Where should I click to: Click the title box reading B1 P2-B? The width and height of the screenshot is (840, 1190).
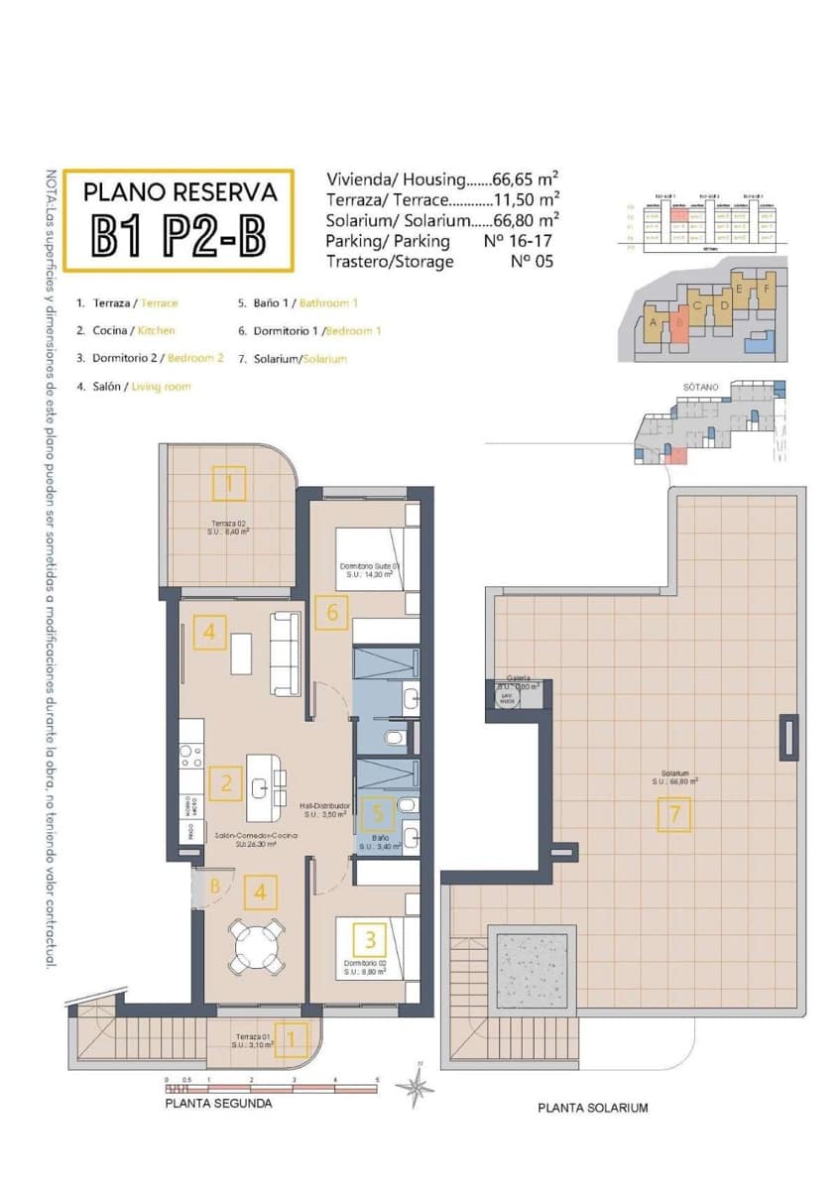click(180, 220)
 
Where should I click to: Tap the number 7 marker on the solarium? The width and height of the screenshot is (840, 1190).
click(674, 815)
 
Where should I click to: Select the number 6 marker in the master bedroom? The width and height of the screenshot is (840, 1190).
click(331, 613)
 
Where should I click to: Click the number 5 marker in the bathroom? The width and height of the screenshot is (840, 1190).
click(374, 814)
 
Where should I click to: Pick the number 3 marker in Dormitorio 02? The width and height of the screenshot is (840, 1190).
click(370, 938)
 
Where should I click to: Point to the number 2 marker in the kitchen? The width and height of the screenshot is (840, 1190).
click(226, 784)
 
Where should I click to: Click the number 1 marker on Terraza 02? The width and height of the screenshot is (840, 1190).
click(229, 484)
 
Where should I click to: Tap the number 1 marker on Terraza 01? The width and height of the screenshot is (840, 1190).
click(290, 1038)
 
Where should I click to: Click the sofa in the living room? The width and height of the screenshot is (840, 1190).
click(286, 654)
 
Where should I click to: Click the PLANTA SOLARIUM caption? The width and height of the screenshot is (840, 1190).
click(592, 1108)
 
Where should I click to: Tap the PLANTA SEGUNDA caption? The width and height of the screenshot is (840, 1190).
click(217, 1103)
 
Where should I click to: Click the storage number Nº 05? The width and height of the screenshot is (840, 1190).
click(531, 262)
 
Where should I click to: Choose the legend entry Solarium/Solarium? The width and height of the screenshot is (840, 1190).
click(293, 359)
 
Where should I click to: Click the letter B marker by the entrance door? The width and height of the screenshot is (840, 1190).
click(214, 886)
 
